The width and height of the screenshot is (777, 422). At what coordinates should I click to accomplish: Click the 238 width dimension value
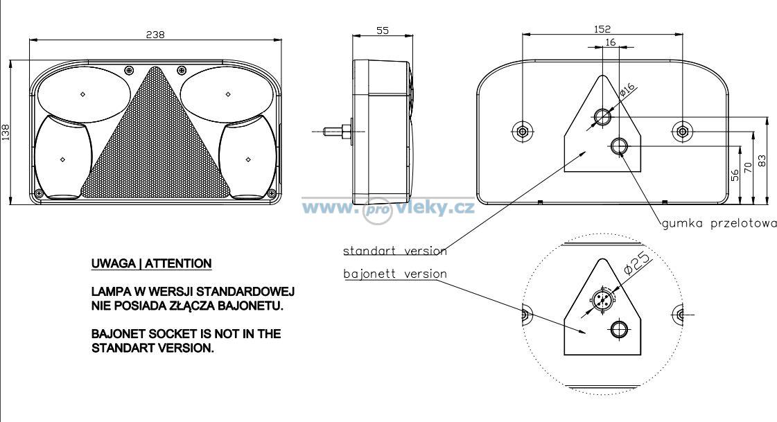click(x=155, y=35)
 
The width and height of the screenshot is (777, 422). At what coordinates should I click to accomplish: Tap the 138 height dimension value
click(x=6, y=132)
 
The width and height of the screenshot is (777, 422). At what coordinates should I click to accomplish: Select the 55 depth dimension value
click(x=383, y=30)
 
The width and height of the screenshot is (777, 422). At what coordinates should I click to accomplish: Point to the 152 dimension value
click(x=602, y=29)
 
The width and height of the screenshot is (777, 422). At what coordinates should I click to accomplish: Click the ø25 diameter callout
click(x=636, y=263)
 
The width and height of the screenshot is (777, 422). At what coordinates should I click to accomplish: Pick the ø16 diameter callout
click(x=627, y=89)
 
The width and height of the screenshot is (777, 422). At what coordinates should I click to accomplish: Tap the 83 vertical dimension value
click(x=762, y=161)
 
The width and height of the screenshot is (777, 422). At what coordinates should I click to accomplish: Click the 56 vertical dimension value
click(x=735, y=175)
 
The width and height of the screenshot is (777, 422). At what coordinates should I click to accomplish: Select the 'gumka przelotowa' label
click(x=719, y=223)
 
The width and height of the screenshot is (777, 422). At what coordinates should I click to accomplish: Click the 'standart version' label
click(x=395, y=251)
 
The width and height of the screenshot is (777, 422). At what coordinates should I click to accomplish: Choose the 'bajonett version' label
click(x=395, y=274)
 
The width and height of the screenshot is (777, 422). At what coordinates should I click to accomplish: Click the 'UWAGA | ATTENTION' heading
click(x=151, y=263)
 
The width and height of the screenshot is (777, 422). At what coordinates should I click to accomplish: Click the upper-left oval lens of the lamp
click(x=85, y=95)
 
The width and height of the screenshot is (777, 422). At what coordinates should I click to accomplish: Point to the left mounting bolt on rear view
click(x=522, y=132)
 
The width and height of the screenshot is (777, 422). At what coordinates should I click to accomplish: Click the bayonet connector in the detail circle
click(x=602, y=299)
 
